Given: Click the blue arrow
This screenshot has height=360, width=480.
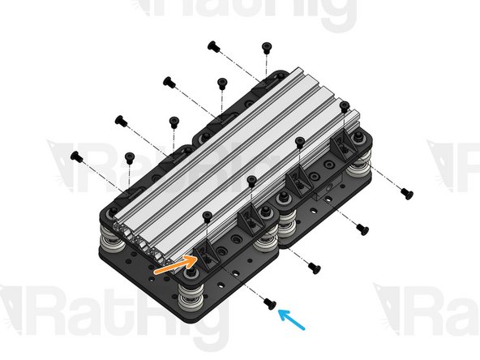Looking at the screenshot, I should point(293,318).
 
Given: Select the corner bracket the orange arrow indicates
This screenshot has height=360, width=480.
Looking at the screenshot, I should point(206,255).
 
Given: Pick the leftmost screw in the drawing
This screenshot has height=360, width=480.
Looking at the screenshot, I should point(77,155).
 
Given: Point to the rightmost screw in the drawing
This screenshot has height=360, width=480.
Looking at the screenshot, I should point(407,193).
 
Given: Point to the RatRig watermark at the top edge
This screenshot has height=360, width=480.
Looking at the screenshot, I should point(243,15).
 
